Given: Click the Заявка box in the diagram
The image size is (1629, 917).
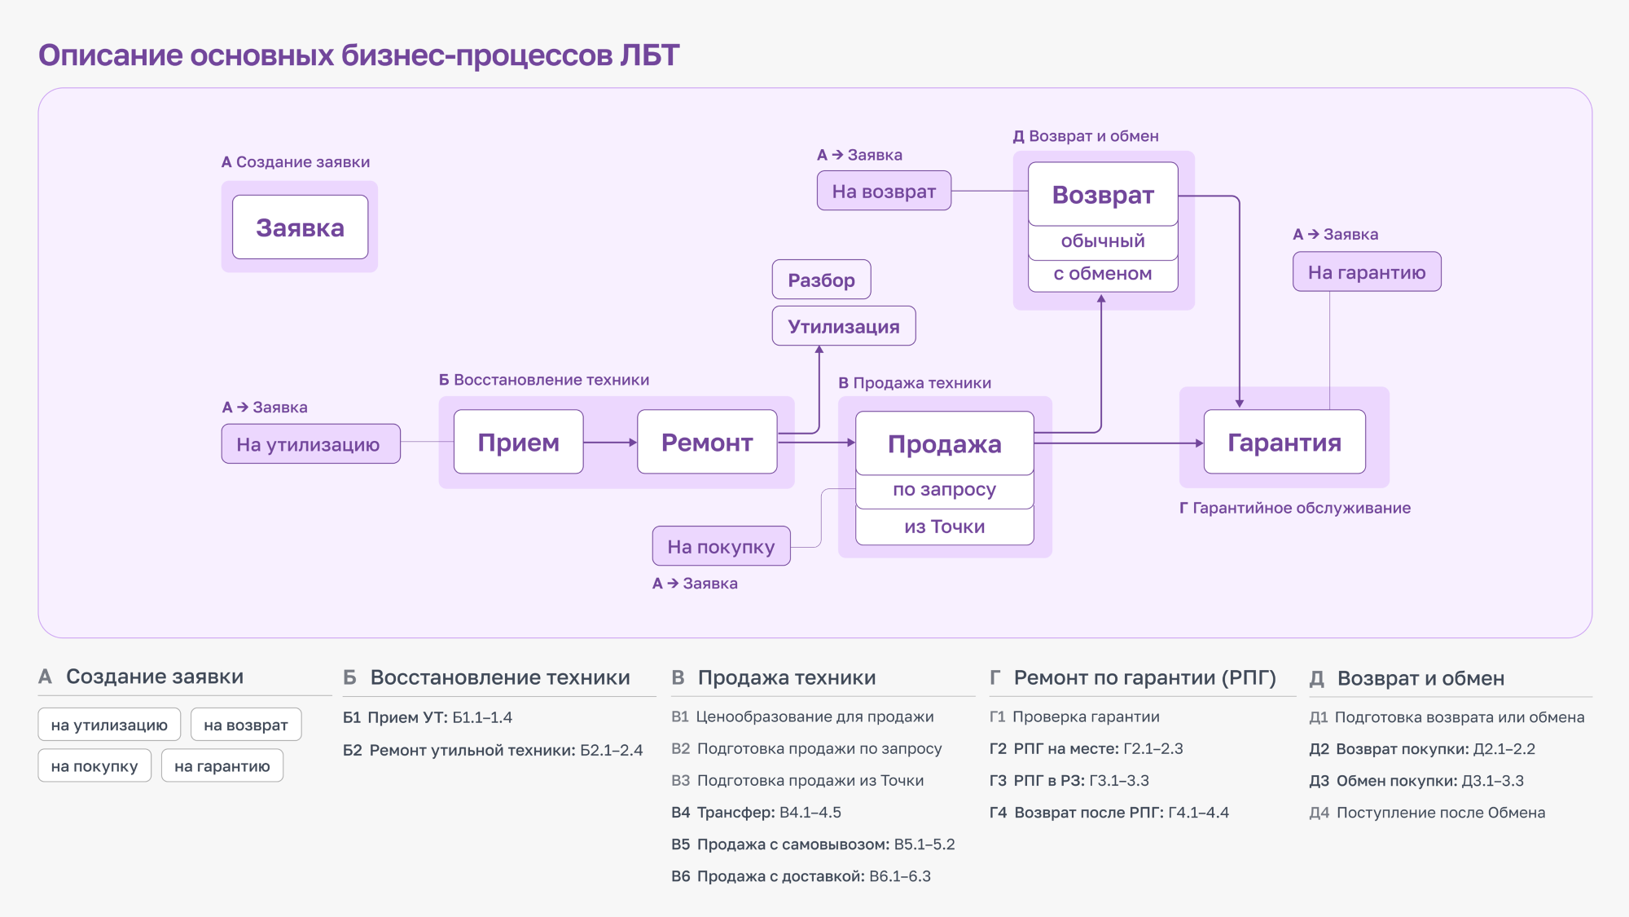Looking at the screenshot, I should pos(300,227).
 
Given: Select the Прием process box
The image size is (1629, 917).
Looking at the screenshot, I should pos(518,442).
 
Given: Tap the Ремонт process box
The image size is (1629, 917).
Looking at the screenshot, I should pos(707,442).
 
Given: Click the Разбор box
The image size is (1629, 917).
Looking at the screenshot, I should pos(821,280).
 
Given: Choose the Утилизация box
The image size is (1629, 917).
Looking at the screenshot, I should pos(843,326).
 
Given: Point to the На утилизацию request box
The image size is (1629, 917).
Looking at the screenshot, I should pos(310,444).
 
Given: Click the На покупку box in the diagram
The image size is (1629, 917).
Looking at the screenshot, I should pos(721,546).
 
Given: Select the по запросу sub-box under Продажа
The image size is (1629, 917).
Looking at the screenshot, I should pos(944,490).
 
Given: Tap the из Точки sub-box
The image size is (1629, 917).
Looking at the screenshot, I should pos(944,527).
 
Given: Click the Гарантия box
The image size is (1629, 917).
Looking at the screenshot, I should pos(1284,442).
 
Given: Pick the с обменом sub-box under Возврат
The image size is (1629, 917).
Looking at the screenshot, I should pos(1103,274).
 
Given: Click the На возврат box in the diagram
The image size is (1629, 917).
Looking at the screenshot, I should pos(884,191).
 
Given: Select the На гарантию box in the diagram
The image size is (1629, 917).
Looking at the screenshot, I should pos(1367,272).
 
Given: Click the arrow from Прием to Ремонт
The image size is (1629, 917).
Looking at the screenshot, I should pos(610,442).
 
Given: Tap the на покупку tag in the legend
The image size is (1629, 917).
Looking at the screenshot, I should pos(94,766).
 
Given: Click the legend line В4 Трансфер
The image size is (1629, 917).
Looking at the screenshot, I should pos(756,813).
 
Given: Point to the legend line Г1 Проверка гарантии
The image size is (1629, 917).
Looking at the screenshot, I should pos(1074,716).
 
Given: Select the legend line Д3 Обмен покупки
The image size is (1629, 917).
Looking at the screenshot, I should pos(1416,781).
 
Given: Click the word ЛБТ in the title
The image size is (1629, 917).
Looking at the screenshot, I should pos(649,55).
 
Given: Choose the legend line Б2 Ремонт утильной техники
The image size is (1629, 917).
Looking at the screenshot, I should pos(493,750).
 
